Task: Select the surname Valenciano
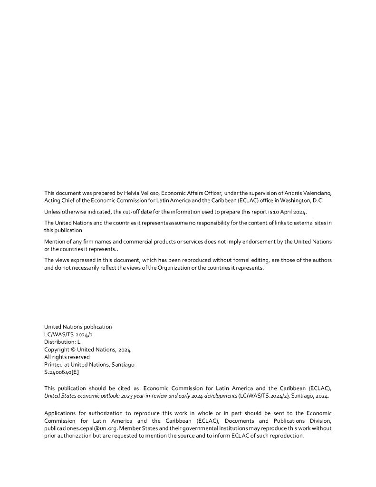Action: click(315, 193)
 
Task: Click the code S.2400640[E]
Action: click(61, 372)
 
